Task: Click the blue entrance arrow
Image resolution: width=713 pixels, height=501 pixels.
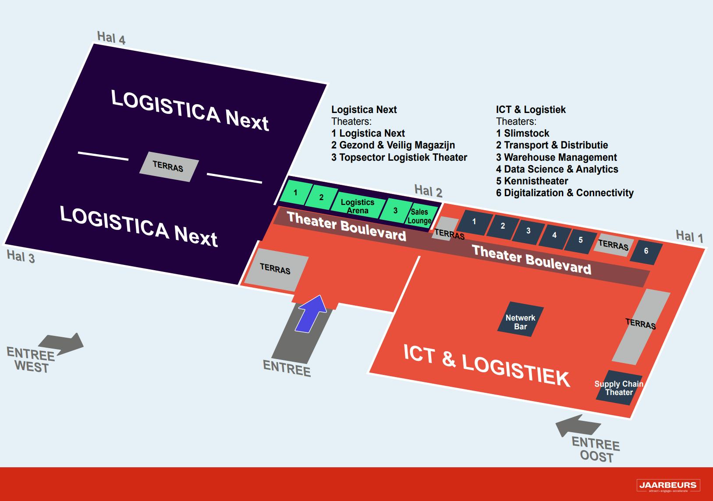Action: coord(312,314)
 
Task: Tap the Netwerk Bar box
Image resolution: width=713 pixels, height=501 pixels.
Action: coord(520,319)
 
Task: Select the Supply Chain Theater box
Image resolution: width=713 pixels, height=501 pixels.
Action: coord(619,388)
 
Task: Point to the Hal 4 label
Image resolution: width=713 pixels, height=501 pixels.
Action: coord(111,38)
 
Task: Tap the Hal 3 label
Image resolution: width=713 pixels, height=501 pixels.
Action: coord(21,257)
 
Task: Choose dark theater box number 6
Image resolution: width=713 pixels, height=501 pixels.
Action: coord(646,251)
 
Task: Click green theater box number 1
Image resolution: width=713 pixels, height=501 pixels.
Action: coord(295,193)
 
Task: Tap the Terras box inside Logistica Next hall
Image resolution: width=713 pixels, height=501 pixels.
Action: coord(168,166)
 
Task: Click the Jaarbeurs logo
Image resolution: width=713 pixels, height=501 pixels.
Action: coord(667,486)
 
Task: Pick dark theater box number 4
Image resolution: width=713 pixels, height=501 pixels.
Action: coord(554,236)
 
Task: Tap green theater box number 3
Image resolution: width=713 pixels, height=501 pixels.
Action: coord(395,211)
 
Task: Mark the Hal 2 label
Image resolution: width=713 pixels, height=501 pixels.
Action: coord(428,191)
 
